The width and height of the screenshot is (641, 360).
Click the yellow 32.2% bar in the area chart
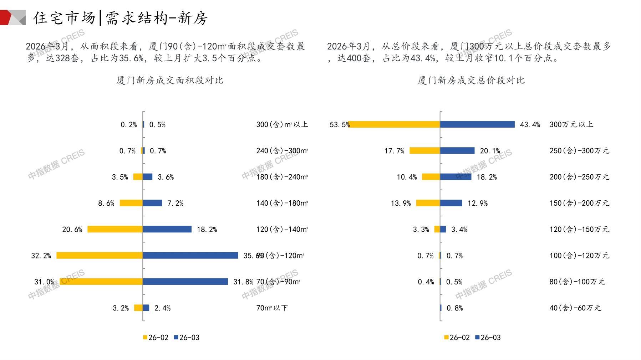click(100, 255)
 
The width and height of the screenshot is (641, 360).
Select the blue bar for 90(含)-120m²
click(190, 255)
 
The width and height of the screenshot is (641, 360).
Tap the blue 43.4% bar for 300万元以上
click(477, 124)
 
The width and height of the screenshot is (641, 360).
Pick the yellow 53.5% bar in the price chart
click(394, 124)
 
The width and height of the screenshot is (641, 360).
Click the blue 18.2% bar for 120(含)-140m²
click(167, 229)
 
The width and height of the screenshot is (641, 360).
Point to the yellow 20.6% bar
click(115, 229)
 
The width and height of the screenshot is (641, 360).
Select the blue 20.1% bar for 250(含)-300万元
click(457, 151)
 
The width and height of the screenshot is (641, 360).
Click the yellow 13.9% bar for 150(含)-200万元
click(428, 203)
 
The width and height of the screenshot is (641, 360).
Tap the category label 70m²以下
click(272, 308)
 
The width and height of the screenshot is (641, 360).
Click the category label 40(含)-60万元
click(575, 308)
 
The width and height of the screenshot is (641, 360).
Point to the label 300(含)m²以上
click(282, 124)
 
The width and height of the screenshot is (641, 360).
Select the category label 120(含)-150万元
click(579, 229)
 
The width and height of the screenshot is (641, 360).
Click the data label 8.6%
click(106, 203)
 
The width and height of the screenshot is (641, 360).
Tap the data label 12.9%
click(478, 203)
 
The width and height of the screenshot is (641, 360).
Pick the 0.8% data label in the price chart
click(455, 308)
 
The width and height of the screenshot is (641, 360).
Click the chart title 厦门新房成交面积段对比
click(170, 80)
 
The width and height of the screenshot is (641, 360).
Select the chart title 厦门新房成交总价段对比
click(471, 80)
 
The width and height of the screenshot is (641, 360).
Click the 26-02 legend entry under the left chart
click(156, 338)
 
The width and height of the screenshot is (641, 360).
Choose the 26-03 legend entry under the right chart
click(488, 338)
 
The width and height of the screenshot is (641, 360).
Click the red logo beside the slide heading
click(11, 17)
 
